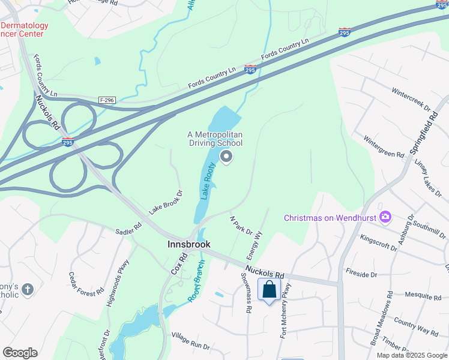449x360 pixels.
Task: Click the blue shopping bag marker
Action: (270, 290)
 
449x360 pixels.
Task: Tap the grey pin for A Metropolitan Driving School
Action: (226, 157)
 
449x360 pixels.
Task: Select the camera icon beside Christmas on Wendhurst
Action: (385, 217)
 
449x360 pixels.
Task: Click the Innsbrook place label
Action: (188, 245)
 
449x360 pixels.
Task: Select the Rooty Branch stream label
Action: (196, 280)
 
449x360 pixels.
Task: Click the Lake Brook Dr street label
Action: (166, 202)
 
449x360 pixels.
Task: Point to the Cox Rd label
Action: (178, 263)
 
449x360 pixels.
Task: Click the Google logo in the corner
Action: (20, 353)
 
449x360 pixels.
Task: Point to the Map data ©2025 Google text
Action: (412, 355)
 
